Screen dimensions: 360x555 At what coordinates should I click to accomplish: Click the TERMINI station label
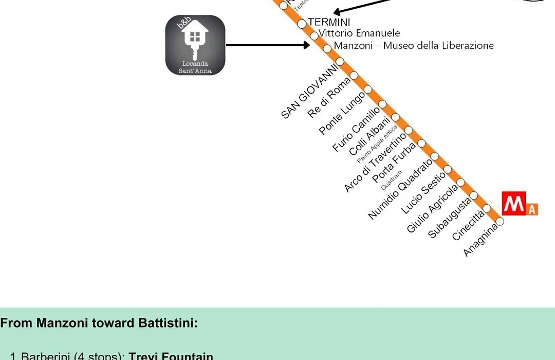click(329, 22)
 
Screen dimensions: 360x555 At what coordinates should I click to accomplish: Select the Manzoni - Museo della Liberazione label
click(414, 45)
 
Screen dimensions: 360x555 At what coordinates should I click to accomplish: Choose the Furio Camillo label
click(356, 129)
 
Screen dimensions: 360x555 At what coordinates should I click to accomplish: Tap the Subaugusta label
click(450, 218)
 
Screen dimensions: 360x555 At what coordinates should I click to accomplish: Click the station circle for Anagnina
click(500, 222)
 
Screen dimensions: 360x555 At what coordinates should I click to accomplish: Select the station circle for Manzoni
click(327, 49)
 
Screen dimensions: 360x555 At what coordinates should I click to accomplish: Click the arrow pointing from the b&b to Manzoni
click(267, 45)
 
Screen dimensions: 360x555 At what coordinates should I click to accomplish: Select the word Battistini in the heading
click(168, 323)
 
